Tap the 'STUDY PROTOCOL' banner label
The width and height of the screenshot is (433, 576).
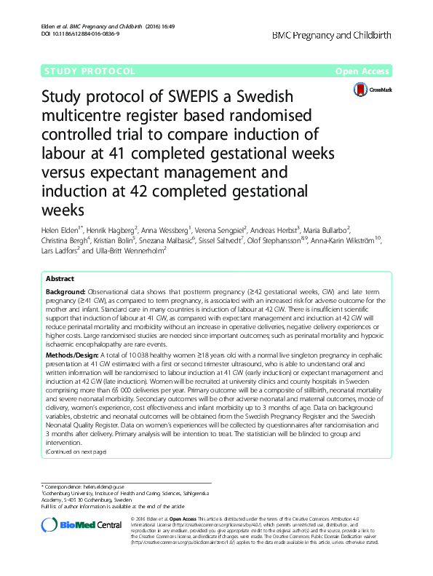click(x=89, y=71)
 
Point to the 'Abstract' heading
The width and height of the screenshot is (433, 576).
click(x=60, y=279)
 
